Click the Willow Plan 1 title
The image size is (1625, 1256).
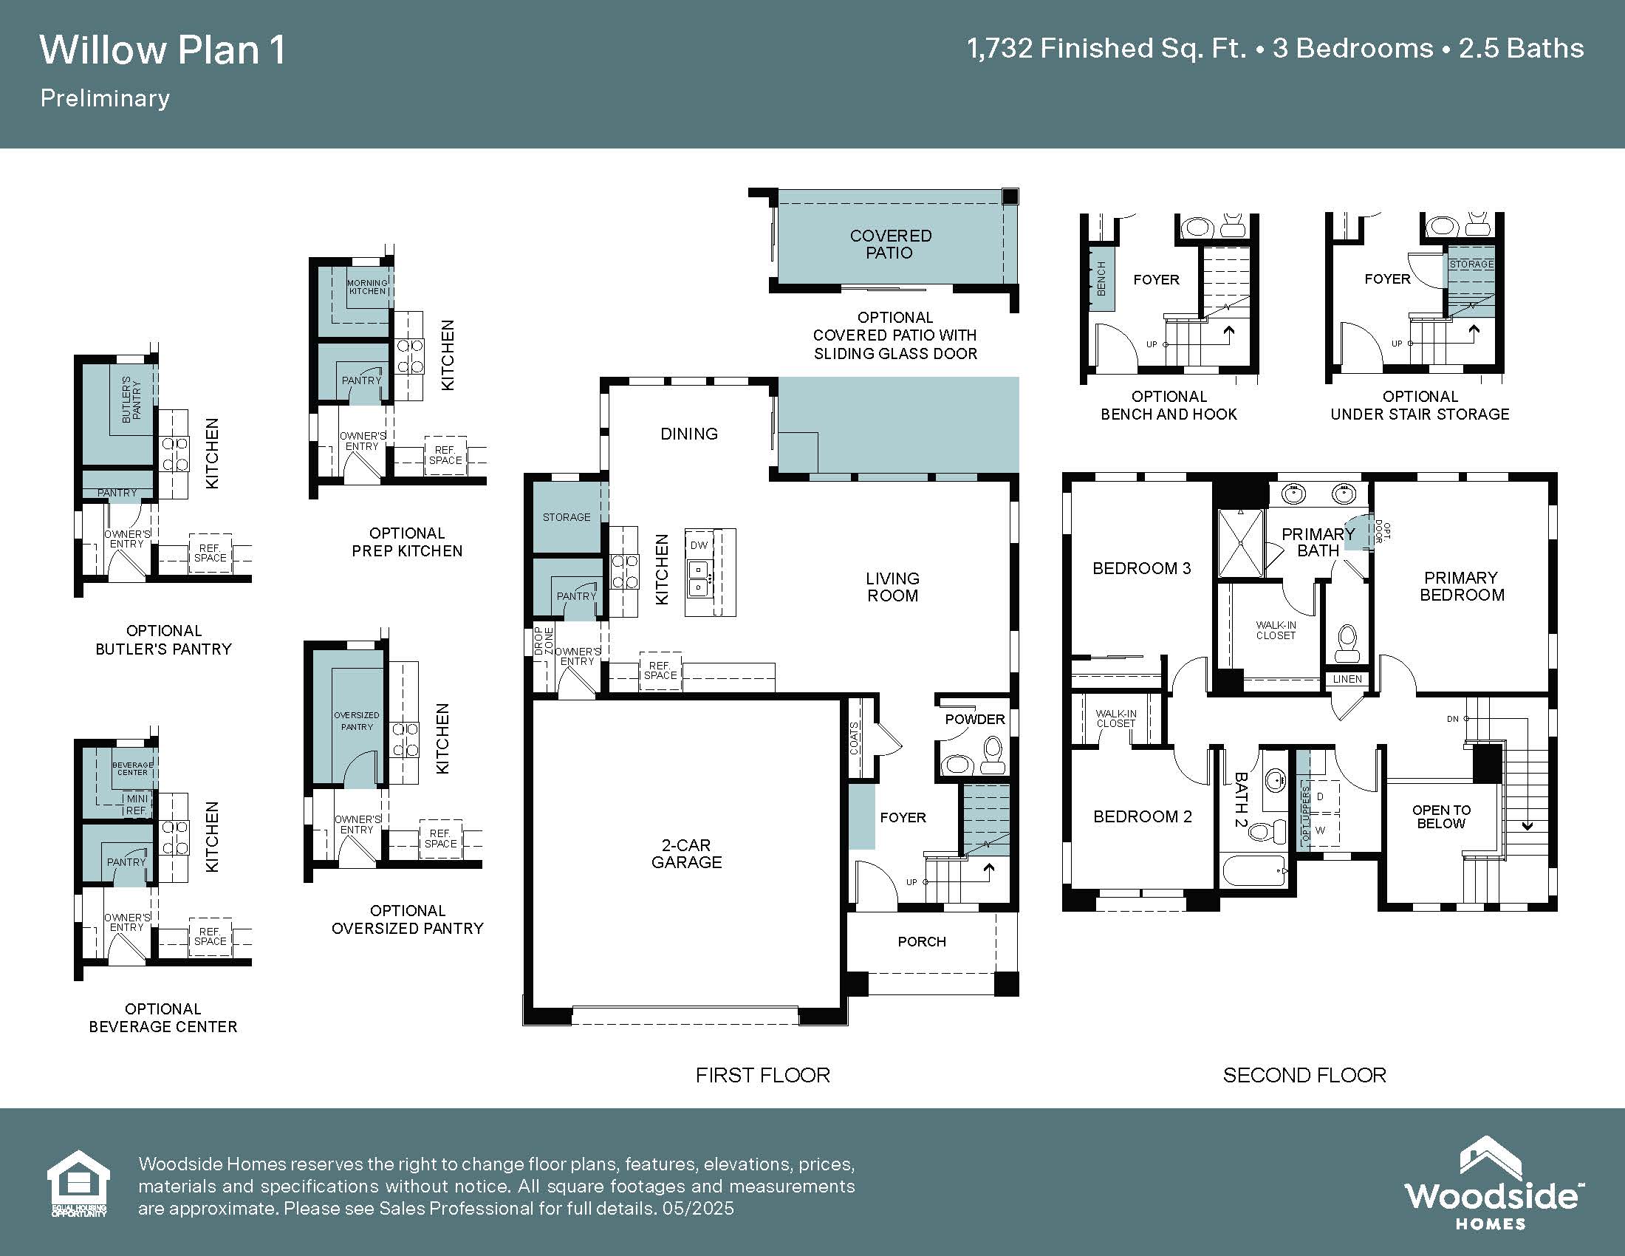(162, 50)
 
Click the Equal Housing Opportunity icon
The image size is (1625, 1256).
(78, 1184)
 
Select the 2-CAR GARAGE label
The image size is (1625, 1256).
(686, 853)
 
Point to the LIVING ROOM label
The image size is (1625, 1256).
(892, 587)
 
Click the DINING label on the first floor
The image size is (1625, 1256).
(689, 434)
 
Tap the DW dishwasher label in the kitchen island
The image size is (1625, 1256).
(699, 545)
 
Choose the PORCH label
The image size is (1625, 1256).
(922, 941)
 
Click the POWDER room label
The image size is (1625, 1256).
(975, 719)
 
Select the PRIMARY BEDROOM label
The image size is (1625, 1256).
(1461, 587)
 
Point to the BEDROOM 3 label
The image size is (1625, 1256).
(1141, 568)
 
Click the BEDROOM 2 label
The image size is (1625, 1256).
(1142, 816)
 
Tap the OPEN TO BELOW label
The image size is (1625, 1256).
(1441, 816)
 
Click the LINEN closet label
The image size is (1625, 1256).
(1347, 678)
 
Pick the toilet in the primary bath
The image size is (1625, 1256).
(1347, 643)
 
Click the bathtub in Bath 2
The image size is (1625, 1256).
(1254, 871)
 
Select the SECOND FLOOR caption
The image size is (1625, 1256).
(1304, 1075)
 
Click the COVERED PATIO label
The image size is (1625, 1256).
(890, 244)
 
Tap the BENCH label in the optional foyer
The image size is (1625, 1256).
(1101, 279)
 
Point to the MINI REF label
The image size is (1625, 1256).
(136, 805)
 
